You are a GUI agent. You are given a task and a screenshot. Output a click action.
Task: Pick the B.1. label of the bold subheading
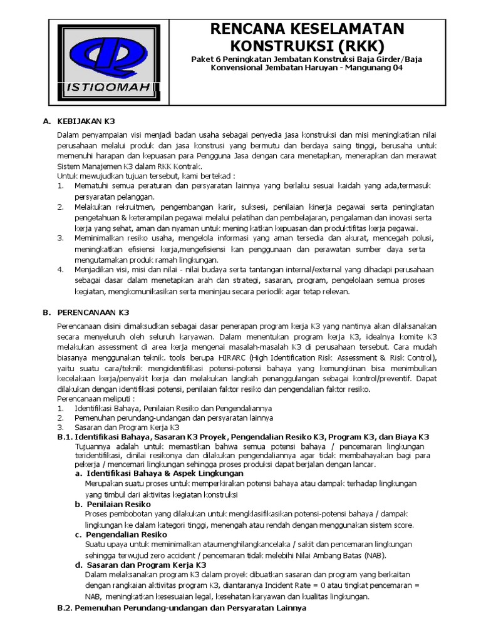[65, 436]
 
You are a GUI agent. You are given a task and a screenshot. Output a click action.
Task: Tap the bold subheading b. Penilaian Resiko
[108, 504]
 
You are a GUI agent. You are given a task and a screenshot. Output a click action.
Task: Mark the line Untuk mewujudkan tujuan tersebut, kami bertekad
[146, 177]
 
